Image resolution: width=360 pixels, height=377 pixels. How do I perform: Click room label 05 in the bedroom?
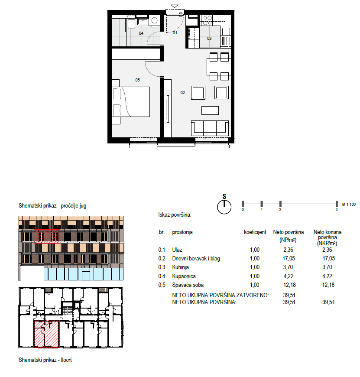pyautogui.click(x=137, y=80)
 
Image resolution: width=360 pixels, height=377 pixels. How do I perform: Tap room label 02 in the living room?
pyautogui.click(x=183, y=93)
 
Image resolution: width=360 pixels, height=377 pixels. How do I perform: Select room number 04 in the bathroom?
pyautogui.click(x=141, y=33)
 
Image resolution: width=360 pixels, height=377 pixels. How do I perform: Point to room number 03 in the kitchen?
pyautogui.click(x=209, y=38)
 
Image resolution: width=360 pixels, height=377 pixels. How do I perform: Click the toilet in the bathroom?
pyautogui.click(x=131, y=23)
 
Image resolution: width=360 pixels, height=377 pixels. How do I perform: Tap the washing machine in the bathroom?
pyautogui.click(x=154, y=20)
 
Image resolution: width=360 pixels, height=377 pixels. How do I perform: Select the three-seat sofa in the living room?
pyautogui.click(x=210, y=128)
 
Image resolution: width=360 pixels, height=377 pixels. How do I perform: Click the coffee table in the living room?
pyautogui.click(x=210, y=110)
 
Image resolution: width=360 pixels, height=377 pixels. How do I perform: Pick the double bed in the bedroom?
pyautogui.click(x=131, y=102)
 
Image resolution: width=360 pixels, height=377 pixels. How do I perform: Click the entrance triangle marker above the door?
pyautogui.click(x=175, y=6)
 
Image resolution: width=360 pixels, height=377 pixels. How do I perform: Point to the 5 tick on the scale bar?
pyautogui.click(x=337, y=204)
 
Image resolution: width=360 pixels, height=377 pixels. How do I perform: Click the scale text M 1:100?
pyautogui.click(x=349, y=205)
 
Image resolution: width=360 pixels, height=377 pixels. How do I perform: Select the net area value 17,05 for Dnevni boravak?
pyautogui.click(x=289, y=258)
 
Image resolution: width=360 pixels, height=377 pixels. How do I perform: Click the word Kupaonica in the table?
pyautogui.click(x=184, y=276)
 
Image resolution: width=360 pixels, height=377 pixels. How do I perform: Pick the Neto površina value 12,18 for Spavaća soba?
pyautogui.click(x=289, y=285)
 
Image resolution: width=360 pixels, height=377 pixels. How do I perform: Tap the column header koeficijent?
pyautogui.click(x=255, y=232)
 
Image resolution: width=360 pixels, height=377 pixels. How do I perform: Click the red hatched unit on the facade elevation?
pyautogui.click(x=47, y=236)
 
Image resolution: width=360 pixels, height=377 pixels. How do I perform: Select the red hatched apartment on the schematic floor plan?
pyautogui.click(x=46, y=334)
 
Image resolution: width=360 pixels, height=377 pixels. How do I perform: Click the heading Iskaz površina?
pyautogui.click(x=175, y=214)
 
